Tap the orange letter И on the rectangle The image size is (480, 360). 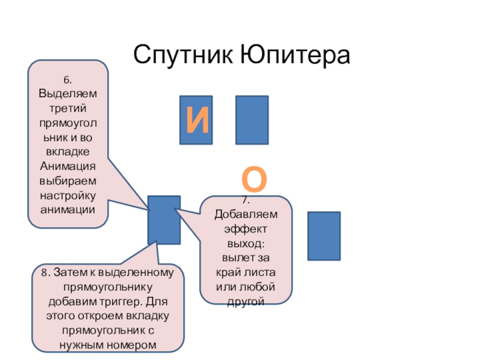[x=196, y=121]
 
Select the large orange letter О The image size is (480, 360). [x=255, y=179]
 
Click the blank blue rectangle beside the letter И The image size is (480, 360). [x=251, y=119]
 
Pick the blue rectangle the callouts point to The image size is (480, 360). [x=164, y=220]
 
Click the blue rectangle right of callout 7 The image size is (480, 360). [x=324, y=235]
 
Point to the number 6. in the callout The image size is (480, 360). [x=68, y=80]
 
